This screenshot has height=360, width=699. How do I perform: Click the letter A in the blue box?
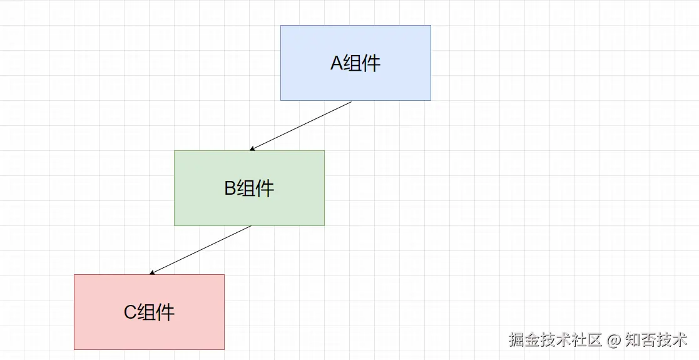337,63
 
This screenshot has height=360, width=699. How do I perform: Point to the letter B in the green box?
230,188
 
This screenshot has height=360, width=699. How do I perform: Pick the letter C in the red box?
130,312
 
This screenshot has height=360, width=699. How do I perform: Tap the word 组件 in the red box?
156,312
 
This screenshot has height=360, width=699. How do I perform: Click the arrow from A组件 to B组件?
300,126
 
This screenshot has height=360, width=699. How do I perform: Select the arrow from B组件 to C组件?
200,250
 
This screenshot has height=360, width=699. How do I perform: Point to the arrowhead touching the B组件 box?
252,149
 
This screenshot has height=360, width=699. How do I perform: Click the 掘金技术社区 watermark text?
555,340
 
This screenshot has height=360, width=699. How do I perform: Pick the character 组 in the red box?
147,312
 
